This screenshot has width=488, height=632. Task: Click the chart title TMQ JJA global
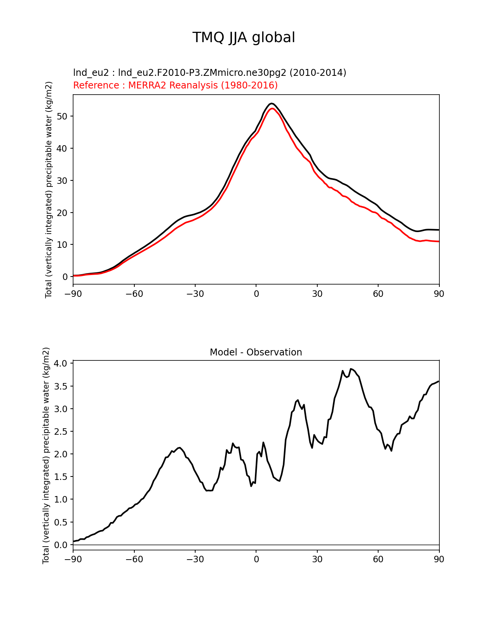(x=243, y=38)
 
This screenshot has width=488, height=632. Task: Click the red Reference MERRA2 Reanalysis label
(x=175, y=85)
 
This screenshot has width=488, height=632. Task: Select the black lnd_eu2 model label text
(x=209, y=72)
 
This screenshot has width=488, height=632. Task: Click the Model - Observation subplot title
(x=256, y=352)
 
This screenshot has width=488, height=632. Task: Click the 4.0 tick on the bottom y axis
(x=61, y=363)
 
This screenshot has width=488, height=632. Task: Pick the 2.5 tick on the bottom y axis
(x=61, y=432)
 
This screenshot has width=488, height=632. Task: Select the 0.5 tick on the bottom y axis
(x=61, y=522)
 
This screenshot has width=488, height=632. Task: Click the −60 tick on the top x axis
(x=134, y=294)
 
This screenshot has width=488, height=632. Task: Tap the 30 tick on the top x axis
(x=317, y=294)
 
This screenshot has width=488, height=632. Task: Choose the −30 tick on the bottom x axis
(x=195, y=559)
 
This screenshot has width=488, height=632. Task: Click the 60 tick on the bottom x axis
(x=378, y=559)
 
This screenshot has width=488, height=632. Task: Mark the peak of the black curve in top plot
(x=271, y=103)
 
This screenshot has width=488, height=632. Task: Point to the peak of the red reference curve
(x=272, y=108)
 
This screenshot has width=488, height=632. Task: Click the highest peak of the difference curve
(x=351, y=369)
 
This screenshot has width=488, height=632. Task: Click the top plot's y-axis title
(x=49, y=190)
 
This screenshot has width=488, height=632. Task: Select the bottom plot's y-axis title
(x=46, y=455)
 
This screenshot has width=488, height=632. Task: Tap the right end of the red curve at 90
(x=439, y=241)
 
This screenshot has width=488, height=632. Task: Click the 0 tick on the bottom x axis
(x=256, y=559)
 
